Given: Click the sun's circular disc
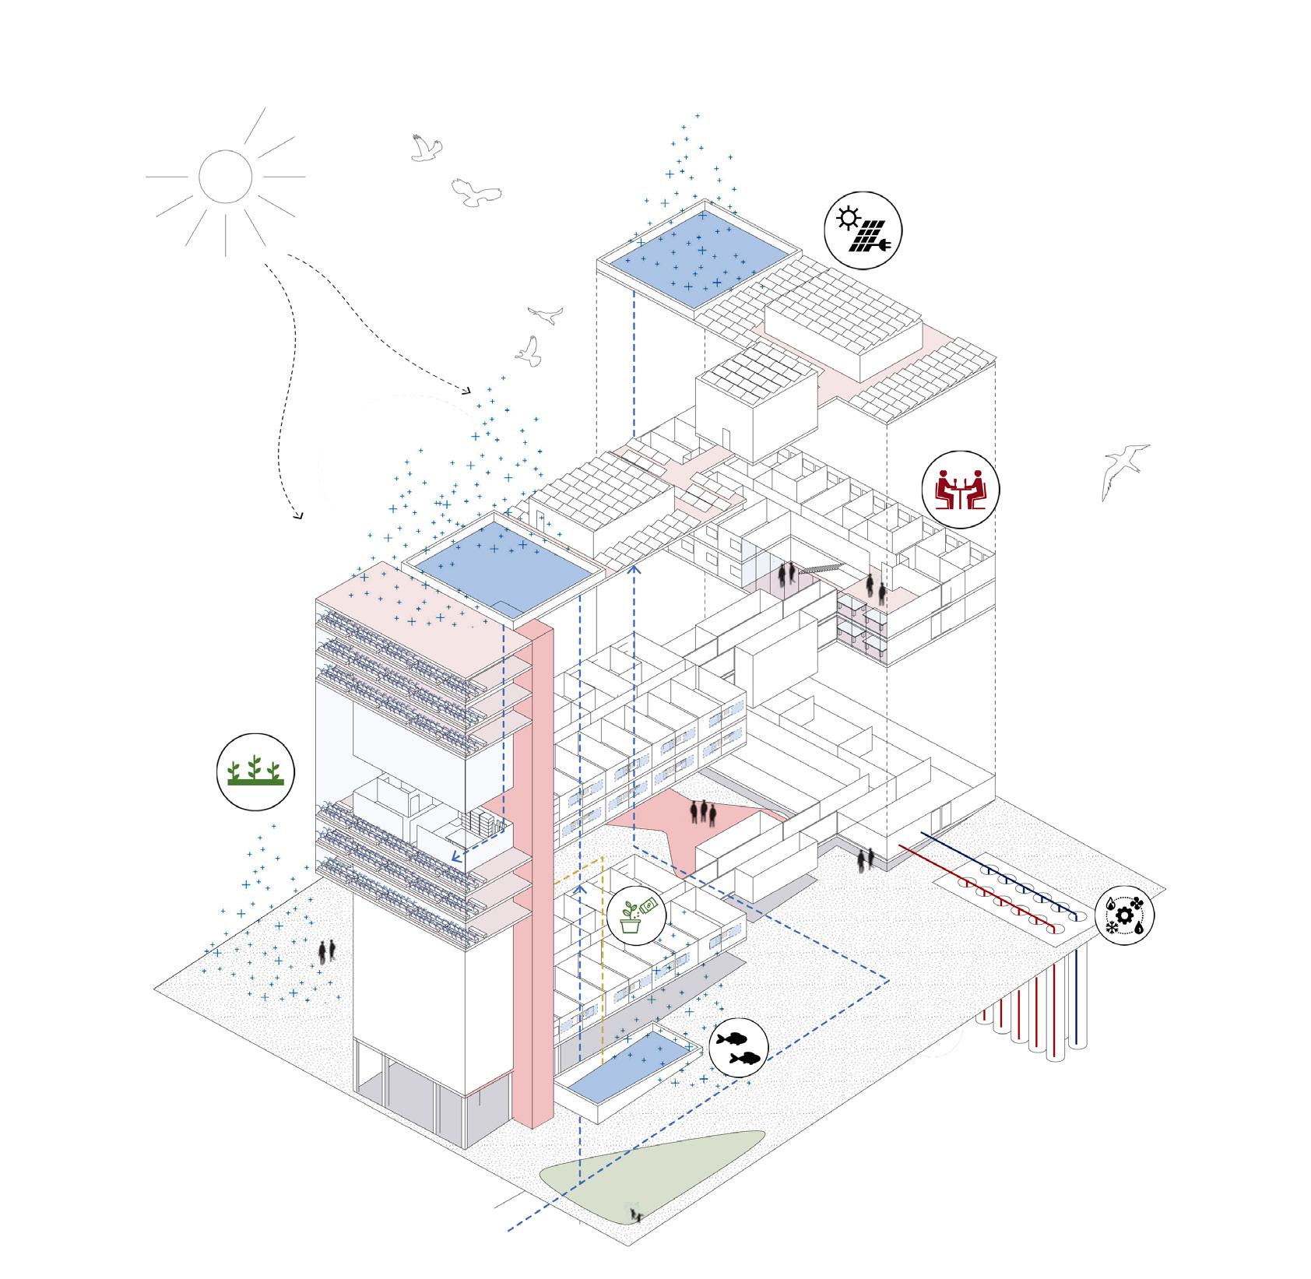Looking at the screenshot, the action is [x=226, y=177].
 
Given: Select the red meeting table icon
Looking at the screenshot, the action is [x=961, y=490].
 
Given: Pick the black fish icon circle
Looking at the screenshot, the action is [x=739, y=1047].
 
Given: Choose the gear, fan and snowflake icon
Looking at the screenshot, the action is [x=1124, y=916].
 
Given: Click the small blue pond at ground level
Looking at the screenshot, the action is [x=628, y=1063].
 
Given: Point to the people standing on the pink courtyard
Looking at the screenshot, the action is [x=703, y=812].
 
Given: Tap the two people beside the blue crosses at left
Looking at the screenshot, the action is [x=328, y=950].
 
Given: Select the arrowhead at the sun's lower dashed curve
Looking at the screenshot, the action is [x=297, y=515].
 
